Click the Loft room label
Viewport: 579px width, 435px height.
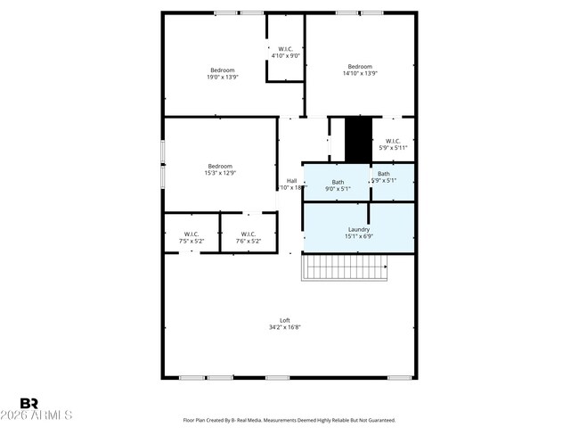point(285,320)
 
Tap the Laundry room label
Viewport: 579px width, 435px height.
point(359,229)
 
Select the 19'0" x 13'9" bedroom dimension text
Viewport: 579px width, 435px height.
point(222,78)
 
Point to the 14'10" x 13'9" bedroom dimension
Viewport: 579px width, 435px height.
point(360,74)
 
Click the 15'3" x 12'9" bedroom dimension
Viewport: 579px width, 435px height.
point(220,173)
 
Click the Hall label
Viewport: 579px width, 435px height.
point(291,181)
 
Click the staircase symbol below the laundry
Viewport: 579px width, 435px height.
point(347,267)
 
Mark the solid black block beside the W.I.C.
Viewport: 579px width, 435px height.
point(358,139)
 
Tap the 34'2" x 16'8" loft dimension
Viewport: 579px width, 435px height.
point(285,328)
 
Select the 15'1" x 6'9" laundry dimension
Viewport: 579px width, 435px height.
point(359,237)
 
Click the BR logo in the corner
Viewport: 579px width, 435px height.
point(29,403)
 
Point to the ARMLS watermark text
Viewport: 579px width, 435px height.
point(37,416)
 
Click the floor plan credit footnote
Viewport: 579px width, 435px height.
point(289,420)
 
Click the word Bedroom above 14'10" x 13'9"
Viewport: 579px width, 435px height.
point(360,66)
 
